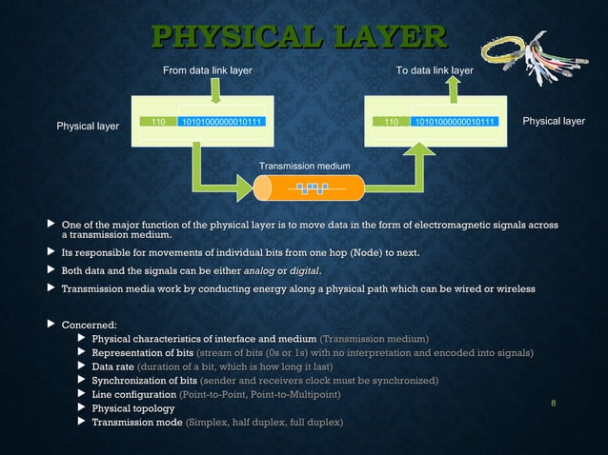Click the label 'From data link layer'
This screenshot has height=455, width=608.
pyautogui.click(x=208, y=70)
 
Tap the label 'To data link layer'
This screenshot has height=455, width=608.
pyautogui.click(x=436, y=70)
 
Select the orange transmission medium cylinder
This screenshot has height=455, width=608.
pyautogui.click(x=304, y=188)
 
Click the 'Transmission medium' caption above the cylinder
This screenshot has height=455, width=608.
pyautogui.click(x=305, y=167)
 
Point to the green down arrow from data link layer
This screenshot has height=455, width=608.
pyautogui.click(x=216, y=89)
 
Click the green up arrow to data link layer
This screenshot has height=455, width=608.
pyautogui.click(x=454, y=89)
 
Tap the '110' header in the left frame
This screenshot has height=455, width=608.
pyautogui.click(x=159, y=122)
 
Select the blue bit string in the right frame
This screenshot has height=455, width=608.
pyautogui.click(x=454, y=122)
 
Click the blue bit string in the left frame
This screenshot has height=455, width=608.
pyautogui.click(x=222, y=122)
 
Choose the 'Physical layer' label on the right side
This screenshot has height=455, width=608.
pyautogui.click(x=554, y=121)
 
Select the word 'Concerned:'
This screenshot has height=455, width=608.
pyautogui.click(x=89, y=326)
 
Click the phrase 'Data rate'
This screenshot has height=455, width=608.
pyautogui.click(x=112, y=366)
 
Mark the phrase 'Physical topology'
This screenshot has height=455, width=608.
pyautogui.click(x=132, y=407)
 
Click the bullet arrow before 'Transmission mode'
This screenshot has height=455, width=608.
pyautogui.click(x=81, y=422)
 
